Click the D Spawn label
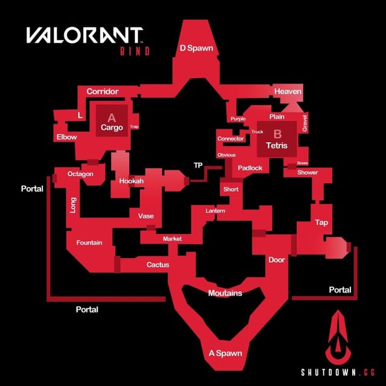(196, 48)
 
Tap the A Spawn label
(224, 353)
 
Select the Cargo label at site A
(112, 127)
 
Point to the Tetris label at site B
(276, 145)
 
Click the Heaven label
(287, 91)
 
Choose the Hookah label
(131, 180)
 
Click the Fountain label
(89, 242)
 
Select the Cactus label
(157, 264)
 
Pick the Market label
(172, 239)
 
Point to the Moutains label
(224, 293)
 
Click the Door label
(276, 259)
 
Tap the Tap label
(321, 223)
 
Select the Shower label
(307, 172)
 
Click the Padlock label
(250, 168)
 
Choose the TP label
(198, 165)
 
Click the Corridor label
(102, 91)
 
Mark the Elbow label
(66, 137)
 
